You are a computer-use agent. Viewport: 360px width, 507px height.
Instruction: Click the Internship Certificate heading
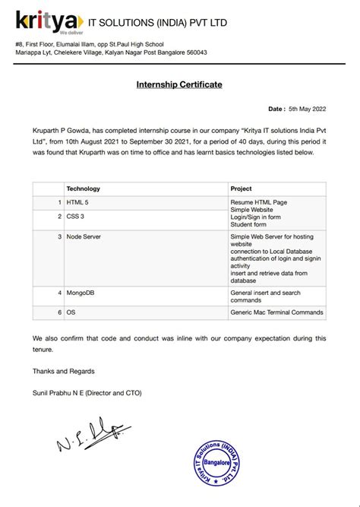point(179,84)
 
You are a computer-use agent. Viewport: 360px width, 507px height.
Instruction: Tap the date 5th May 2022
point(309,109)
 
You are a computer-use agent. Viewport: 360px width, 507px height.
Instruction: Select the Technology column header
point(84,188)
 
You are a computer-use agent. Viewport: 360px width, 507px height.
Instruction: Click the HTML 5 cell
point(78,202)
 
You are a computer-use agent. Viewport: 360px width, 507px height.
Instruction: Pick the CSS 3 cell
point(76,217)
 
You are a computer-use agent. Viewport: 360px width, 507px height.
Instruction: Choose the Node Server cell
point(84,237)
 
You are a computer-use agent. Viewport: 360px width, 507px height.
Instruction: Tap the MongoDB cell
point(81,293)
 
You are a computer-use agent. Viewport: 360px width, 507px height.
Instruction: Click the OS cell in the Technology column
point(71,312)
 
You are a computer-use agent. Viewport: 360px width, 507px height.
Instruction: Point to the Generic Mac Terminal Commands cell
point(276,312)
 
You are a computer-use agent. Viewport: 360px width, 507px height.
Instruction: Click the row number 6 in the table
point(59,312)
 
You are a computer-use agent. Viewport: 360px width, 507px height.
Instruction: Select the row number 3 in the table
point(59,237)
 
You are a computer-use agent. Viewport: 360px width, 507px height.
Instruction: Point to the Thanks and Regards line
point(64,371)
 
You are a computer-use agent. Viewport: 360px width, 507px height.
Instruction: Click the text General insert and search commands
point(266,296)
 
